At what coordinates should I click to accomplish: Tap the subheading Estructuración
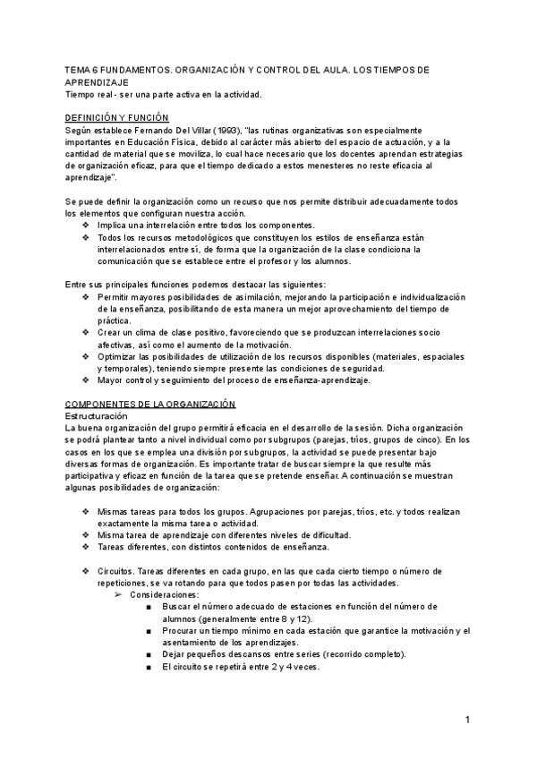[x=98, y=416]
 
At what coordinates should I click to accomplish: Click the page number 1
[x=467, y=721]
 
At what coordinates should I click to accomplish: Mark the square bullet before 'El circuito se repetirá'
[x=146, y=667]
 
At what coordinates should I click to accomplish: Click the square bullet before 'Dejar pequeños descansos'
[x=146, y=654]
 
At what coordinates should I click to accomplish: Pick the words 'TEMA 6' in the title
[x=83, y=69]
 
